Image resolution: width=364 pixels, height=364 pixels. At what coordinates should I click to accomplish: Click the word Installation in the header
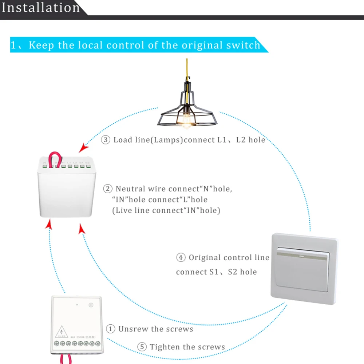pyautogui.click(x=40, y=7)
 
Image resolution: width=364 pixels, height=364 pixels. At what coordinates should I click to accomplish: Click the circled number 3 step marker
pyautogui.click(x=106, y=140)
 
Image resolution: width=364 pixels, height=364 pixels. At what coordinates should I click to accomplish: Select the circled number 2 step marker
pyautogui.click(x=108, y=189)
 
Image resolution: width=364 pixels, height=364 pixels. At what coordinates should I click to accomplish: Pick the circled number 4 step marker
pyautogui.click(x=181, y=258)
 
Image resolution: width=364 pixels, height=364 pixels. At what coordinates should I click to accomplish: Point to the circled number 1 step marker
pyautogui.click(x=111, y=329)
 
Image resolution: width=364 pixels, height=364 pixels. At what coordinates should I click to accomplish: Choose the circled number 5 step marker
pyautogui.click(x=142, y=347)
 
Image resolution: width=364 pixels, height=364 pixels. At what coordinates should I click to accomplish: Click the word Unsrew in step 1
pyautogui.click(x=133, y=329)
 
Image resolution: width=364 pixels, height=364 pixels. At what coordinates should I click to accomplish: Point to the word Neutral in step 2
pyautogui.click(x=131, y=189)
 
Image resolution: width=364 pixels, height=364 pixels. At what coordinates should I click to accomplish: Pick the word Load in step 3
pyautogui.click(x=122, y=140)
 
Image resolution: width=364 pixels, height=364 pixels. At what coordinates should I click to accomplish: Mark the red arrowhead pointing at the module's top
pyautogui.click(x=84, y=147)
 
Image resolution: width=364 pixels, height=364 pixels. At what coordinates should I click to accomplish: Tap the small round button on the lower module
pyautogui.click(x=91, y=305)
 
